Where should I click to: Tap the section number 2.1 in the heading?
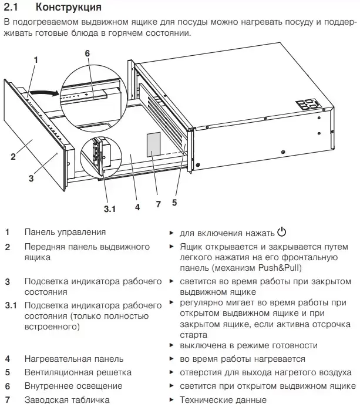point(15,8)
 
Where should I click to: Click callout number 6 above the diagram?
point(87,53)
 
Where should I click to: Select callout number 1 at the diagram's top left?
point(36,60)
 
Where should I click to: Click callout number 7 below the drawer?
point(157,204)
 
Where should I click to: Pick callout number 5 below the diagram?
point(174,203)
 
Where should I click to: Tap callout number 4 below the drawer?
point(137,207)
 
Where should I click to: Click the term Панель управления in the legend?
point(65,233)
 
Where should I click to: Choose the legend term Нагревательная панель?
point(74,359)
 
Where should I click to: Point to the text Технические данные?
point(218,400)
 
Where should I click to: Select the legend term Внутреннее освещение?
point(73,386)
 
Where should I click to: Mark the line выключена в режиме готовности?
point(248,345)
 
